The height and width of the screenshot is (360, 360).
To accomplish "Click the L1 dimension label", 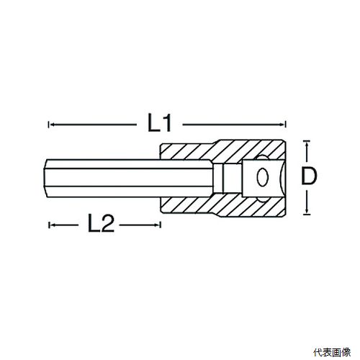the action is coord(159,123).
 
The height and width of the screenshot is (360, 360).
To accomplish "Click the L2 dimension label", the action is coord(101,223).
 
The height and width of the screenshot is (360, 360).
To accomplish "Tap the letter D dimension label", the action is coord(309,176).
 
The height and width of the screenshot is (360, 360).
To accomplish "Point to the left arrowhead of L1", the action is coord(51,125).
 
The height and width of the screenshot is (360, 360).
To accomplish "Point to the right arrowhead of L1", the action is coord(283,125).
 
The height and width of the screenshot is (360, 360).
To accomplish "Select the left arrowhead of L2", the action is coord(52,225).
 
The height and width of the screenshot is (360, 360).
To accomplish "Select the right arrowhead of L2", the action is coord(157,225).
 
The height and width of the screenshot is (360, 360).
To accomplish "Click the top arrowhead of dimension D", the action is coord(307,144).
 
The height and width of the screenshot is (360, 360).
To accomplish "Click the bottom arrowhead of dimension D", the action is coord(307,211).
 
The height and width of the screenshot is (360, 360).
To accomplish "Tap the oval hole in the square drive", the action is coord(262,177).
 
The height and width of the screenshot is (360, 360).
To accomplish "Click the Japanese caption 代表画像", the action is coord(332,352).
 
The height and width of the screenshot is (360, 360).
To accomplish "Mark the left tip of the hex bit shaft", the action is coord(43,177).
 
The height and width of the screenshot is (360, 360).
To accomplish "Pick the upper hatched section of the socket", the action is coord(223,150).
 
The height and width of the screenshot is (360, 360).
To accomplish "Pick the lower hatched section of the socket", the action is coord(223,204).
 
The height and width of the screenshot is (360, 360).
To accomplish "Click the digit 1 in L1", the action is coord(166,123).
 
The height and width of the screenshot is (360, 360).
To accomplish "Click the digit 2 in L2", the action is coord(107,223).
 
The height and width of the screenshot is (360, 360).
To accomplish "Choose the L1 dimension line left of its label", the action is coord(93,125).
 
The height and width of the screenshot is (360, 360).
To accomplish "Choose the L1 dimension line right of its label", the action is coord(234,125).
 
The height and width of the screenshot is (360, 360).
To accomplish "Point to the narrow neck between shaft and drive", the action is coord(217,177).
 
